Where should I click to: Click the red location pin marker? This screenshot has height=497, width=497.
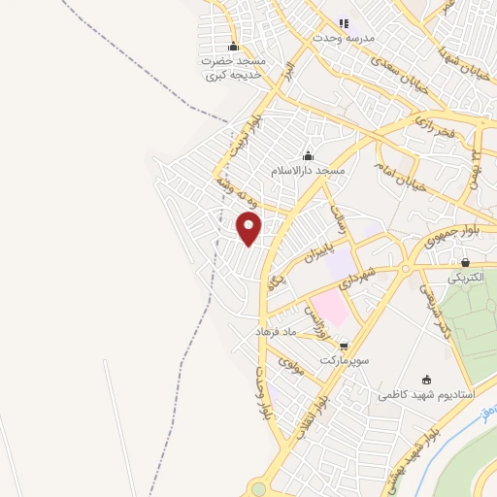[248, 228]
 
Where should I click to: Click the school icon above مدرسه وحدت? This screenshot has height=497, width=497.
[343, 23]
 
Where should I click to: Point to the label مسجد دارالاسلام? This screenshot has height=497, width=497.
[308, 171]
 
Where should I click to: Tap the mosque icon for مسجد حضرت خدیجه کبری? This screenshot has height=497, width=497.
[233, 47]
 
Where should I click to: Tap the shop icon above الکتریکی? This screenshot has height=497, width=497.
[466, 262]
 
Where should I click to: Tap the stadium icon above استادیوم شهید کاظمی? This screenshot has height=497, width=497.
[427, 381]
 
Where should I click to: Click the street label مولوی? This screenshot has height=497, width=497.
[292, 366]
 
